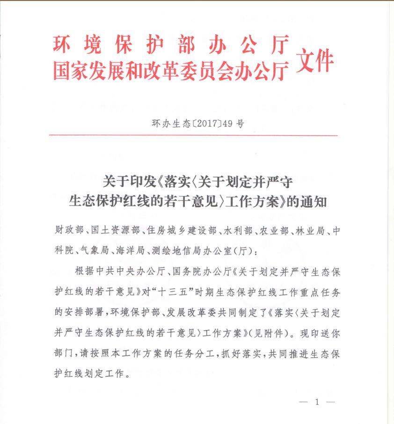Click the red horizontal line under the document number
(x=197, y=135)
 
